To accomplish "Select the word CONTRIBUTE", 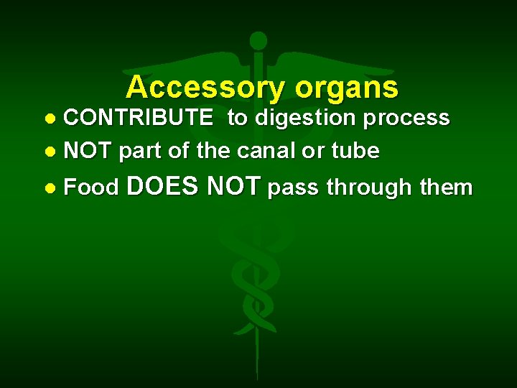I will pos(138,118).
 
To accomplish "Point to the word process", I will pos(407,118).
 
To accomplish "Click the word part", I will pos(141,151).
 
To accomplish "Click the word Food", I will pos(91,188).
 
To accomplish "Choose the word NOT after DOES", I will pos(233,187).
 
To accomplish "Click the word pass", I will pos(294,188).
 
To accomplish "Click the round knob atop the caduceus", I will pos(258,41).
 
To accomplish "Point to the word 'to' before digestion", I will pos(237,118).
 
